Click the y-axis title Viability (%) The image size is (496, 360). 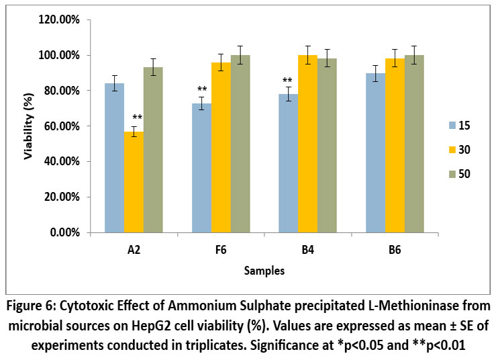click(x=29, y=126)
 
